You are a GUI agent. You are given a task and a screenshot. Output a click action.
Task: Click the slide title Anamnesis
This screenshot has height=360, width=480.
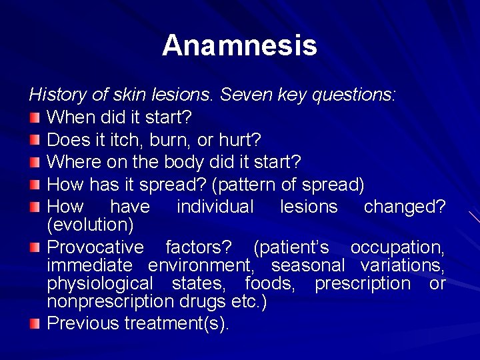pyautogui.click(x=239, y=45)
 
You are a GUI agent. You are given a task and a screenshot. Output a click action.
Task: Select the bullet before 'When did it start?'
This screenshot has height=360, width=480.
pyautogui.click(x=35, y=118)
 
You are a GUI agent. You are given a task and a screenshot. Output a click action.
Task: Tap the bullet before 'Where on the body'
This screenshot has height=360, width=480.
pyautogui.click(x=35, y=162)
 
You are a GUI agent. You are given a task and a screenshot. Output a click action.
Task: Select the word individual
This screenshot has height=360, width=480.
pyautogui.click(x=215, y=207)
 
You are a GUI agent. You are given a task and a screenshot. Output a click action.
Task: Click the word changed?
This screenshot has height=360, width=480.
pyautogui.click(x=404, y=207)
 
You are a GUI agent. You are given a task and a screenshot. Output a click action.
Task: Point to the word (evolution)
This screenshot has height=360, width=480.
pyautogui.click(x=91, y=225)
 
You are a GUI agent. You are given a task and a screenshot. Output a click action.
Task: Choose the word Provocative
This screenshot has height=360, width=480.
pyautogui.click(x=95, y=247)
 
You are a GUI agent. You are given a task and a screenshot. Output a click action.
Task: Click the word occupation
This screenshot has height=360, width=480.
pyautogui.click(x=397, y=247)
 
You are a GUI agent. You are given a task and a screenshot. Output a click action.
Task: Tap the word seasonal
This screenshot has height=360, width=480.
pyautogui.click(x=308, y=265)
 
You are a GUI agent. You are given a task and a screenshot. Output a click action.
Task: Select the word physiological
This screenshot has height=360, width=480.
pyautogui.click(x=100, y=283)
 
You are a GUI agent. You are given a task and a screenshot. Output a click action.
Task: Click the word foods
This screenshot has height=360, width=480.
pyautogui.click(x=270, y=283)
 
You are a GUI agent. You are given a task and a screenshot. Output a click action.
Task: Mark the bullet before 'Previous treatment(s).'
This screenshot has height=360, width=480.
pyautogui.click(x=35, y=324)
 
